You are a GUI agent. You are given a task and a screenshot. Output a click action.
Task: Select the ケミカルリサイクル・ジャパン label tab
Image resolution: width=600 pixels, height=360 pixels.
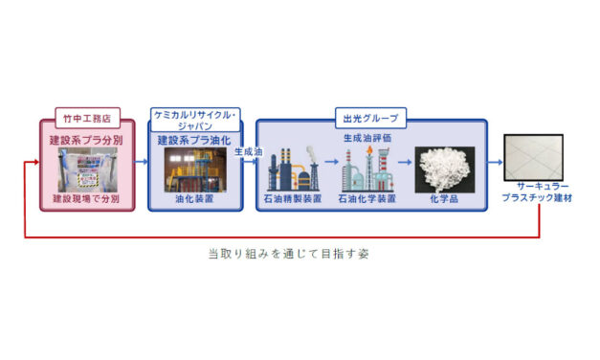195,119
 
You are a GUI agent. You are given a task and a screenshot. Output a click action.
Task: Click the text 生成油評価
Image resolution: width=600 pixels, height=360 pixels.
367,139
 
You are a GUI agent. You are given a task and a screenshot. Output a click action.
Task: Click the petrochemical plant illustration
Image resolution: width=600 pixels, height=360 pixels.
368,168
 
